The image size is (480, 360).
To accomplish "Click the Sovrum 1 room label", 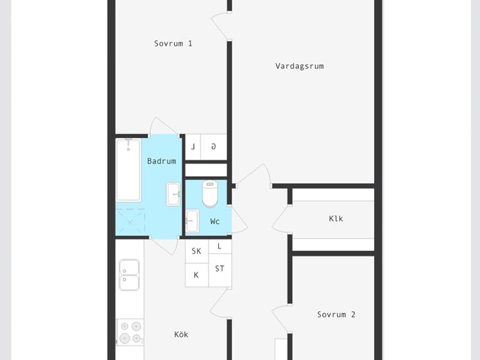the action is click(x=173, y=43).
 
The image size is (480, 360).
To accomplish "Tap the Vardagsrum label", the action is click(x=299, y=66).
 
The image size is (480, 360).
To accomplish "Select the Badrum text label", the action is click(x=162, y=161).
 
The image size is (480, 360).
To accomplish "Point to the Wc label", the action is click(x=215, y=221).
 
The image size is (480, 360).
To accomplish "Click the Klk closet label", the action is click(x=336, y=219).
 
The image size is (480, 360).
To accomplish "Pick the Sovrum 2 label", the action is click(x=336, y=315).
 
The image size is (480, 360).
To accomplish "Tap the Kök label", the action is click(x=181, y=334).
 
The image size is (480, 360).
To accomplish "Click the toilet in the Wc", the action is click(x=210, y=193).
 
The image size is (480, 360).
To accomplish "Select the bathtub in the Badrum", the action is click(x=129, y=170).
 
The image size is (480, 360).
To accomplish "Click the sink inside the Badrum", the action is click(x=174, y=194).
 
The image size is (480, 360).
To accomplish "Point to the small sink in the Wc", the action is click(x=192, y=221).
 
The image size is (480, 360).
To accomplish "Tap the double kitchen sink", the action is click(x=129, y=275).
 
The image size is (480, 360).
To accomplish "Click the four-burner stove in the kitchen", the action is click(x=130, y=332).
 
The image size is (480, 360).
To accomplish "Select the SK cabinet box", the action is click(x=197, y=251).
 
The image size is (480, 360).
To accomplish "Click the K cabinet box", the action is click(x=197, y=275).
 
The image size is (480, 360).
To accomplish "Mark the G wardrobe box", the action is click(x=214, y=146).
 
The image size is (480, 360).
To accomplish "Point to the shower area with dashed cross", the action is click(x=130, y=222).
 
